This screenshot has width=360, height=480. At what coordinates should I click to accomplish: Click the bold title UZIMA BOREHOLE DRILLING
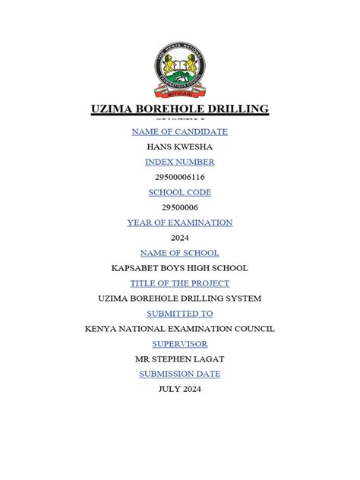[180, 109]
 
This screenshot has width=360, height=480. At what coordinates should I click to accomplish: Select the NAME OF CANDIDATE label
[180, 131]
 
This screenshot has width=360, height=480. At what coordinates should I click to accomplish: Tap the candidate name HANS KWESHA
[180, 147]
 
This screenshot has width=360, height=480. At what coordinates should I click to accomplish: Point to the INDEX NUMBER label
[180, 162]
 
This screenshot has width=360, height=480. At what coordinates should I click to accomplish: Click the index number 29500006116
[180, 177]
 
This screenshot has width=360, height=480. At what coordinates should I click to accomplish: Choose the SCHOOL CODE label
[180, 192]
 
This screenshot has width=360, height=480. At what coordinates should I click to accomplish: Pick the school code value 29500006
[180, 207]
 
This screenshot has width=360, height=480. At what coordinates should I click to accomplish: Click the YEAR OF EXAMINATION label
[180, 223]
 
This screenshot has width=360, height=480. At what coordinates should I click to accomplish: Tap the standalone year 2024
[180, 238]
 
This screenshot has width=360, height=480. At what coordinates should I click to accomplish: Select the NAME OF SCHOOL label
[180, 253]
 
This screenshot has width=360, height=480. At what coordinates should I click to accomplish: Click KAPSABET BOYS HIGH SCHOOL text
[180, 268]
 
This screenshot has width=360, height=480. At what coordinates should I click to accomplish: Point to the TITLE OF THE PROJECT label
[180, 283]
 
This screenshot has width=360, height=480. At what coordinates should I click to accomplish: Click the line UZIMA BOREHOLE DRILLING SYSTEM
[180, 298]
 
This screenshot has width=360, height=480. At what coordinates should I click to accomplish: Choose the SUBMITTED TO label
[180, 314]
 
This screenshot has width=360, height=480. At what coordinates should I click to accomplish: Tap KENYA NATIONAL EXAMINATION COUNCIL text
[180, 329]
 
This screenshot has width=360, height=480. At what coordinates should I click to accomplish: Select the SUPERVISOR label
[180, 344]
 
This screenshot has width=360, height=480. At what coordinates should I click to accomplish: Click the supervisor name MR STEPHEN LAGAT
[180, 359]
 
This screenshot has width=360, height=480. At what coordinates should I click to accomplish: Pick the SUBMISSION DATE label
[180, 374]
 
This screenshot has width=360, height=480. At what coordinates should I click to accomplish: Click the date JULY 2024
[180, 389]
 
